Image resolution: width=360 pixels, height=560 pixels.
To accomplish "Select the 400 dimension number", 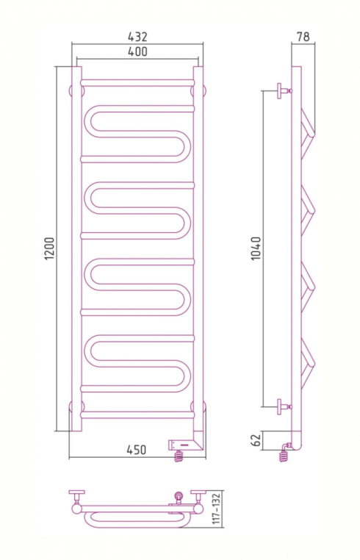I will pyautogui.click(x=137, y=51).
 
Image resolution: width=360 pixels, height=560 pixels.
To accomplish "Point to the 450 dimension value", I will pyautogui.click(x=136, y=449).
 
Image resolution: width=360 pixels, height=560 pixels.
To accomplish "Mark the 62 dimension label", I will pyautogui.click(x=256, y=441).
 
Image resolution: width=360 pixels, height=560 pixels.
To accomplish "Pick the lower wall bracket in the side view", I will pyautogui.click(x=281, y=405).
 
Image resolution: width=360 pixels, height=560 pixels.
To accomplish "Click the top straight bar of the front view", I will pyautogui.click(x=137, y=81).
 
